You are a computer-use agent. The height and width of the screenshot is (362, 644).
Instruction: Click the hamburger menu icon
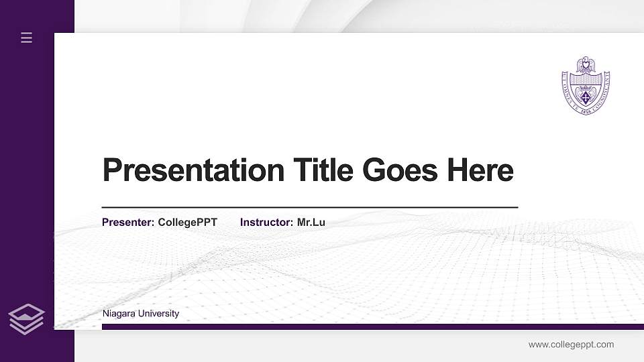[x=27, y=38]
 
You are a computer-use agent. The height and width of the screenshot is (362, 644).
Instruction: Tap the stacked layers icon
[x=26, y=318]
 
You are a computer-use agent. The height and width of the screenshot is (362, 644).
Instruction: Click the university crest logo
[x=586, y=84]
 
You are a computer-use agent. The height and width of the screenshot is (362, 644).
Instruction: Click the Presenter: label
[x=128, y=223]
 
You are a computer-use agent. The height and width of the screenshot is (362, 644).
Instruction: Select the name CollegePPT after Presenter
[x=188, y=223]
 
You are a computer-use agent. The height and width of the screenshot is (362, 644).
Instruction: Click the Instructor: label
[x=267, y=223]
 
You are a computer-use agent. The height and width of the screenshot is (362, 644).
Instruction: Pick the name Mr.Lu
[x=311, y=223]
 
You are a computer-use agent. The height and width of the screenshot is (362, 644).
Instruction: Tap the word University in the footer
[x=158, y=314]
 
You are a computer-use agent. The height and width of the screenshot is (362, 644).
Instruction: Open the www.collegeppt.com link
[x=571, y=345]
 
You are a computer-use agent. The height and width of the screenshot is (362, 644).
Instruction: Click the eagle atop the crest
[x=586, y=66]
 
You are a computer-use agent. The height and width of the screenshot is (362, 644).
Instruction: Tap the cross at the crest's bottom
[x=586, y=99]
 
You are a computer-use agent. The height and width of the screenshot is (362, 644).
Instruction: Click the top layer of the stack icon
[x=26, y=312]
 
